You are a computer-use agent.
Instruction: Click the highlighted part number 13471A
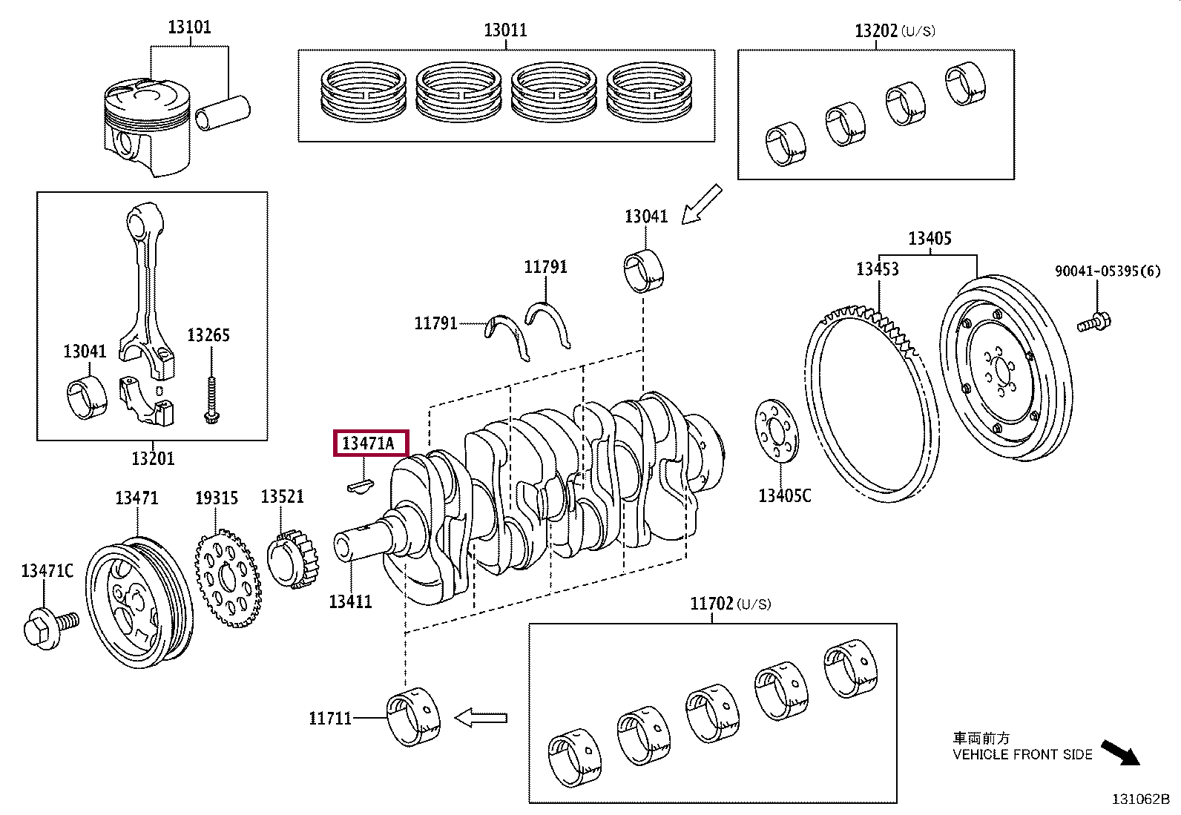point(369,443)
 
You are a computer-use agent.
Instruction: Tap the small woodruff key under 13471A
point(361,486)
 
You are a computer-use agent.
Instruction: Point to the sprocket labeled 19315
point(227,579)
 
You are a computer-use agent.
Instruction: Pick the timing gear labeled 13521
point(293,561)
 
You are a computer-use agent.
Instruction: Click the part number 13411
point(350,601)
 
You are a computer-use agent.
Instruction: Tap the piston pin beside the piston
point(223,110)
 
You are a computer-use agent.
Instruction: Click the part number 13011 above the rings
point(505,30)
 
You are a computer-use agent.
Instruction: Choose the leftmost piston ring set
point(363,93)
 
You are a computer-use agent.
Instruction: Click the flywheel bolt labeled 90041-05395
point(1093,323)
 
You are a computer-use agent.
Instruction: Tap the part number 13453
point(877,268)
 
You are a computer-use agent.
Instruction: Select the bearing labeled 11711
point(414,717)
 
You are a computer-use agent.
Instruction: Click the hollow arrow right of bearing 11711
point(481,718)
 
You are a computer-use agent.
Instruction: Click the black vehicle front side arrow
point(1119,752)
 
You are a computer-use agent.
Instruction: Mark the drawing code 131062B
point(1139,799)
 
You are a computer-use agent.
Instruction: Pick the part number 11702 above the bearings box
point(711,604)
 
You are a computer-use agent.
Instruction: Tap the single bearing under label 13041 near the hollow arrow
point(643,271)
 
